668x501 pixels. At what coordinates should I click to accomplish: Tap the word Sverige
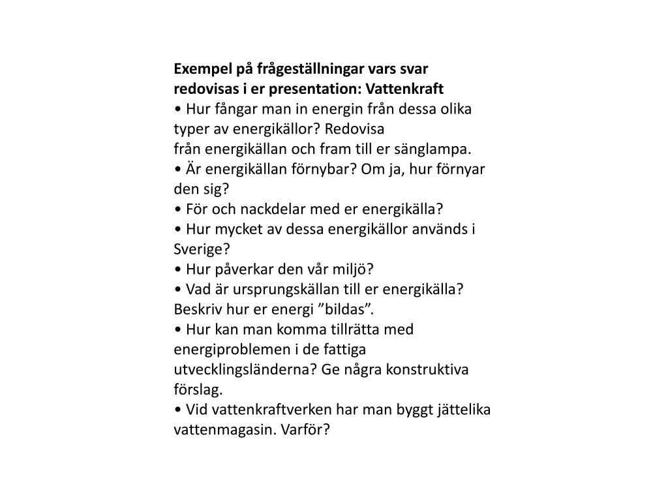[198, 249]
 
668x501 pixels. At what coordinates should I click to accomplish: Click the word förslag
[198, 389]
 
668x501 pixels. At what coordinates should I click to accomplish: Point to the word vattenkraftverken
[259, 410]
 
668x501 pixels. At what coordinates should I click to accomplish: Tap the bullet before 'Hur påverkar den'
[178, 269]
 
